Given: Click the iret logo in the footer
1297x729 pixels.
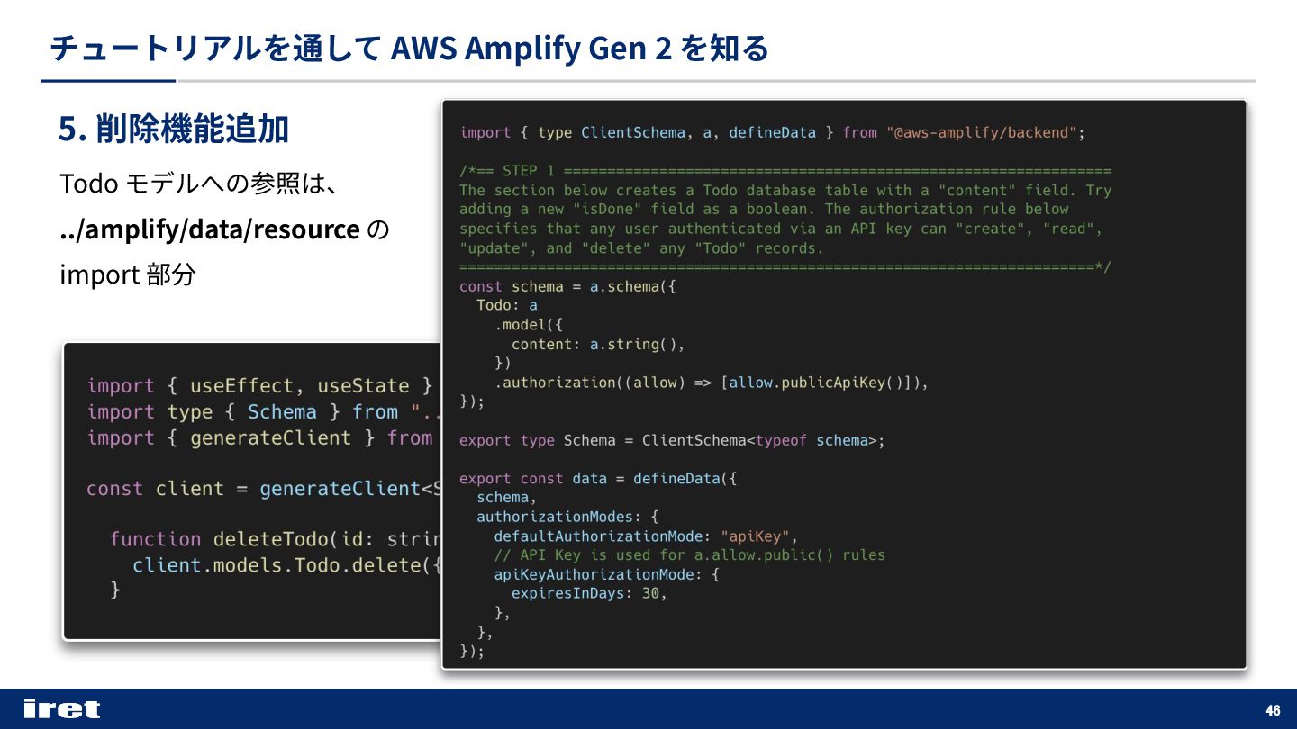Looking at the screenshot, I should [x=62, y=709].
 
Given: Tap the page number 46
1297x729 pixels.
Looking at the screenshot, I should [x=1273, y=710].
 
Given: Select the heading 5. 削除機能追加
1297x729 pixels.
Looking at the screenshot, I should [x=173, y=130].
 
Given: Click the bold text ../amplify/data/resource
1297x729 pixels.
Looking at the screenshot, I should [x=210, y=229].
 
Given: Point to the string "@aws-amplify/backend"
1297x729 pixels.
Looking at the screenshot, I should [x=982, y=133].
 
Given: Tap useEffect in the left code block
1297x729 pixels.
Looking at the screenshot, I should [x=241, y=386].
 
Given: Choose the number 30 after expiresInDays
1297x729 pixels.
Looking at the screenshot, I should [x=650, y=594].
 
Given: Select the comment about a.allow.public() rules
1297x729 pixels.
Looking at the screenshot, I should [x=689, y=555].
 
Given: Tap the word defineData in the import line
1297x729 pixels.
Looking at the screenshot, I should [x=772, y=133].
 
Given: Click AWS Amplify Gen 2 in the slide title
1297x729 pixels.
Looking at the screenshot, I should [x=531, y=48].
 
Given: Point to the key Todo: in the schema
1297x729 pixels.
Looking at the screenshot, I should [x=497, y=306].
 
